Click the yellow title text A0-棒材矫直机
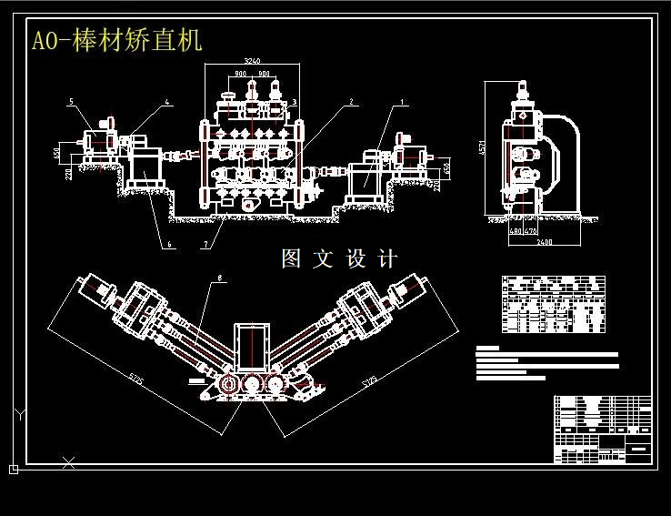(117, 41)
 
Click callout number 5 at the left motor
(71, 102)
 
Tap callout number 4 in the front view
(168, 103)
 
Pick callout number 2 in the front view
(350, 103)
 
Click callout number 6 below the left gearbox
(168, 244)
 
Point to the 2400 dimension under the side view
(544, 242)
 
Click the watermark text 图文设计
(339, 259)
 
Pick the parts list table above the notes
(553, 305)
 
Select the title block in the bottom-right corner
(603, 430)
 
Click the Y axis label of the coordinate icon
(19, 415)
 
